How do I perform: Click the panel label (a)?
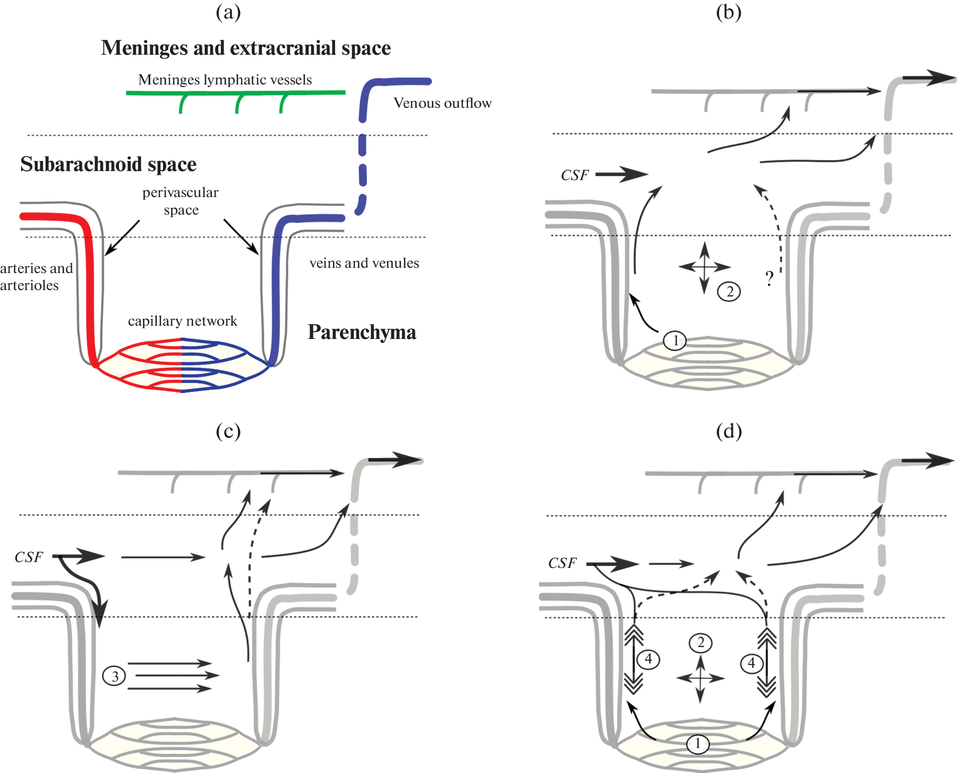click(x=228, y=12)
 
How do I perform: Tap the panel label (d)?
click(x=729, y=431)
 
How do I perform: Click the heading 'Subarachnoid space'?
click(x=108, y=164)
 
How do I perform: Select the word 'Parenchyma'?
click(x=362, y=332)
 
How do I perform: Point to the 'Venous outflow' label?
click(x=442, y=103)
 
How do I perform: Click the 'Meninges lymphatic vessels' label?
click(x=225, y=80)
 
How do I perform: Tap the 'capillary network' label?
click(x=182, y=321)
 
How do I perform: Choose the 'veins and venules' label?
click(x=364, y=263)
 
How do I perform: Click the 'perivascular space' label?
click(x=181, y=201)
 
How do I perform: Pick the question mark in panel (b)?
click(x=769, y=278)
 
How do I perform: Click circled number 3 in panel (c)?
click(x=114, y=676)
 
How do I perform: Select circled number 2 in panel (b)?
click(x=729, y=291)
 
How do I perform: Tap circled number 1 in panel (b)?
click(x=675, y=340)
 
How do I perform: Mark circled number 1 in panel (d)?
click(x=698, y=743)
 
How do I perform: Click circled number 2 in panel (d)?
click(x=700, y=643)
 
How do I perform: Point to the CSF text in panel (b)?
click(x=575, y=175)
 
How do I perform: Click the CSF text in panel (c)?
click(x=29, y=557)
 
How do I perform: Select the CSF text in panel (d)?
click(x=562, y=563)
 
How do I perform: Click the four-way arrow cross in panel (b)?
click(x=704, y=267)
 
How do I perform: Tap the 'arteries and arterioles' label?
click(x=36, y=277)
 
